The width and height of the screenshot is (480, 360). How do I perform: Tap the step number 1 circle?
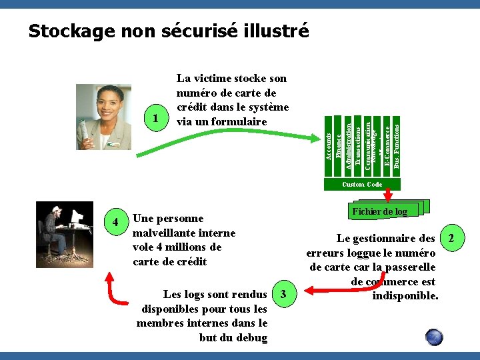155,119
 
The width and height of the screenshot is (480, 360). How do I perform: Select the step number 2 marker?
451,238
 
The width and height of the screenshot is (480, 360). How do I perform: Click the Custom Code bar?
362,184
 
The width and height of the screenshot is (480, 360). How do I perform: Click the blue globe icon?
434,337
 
